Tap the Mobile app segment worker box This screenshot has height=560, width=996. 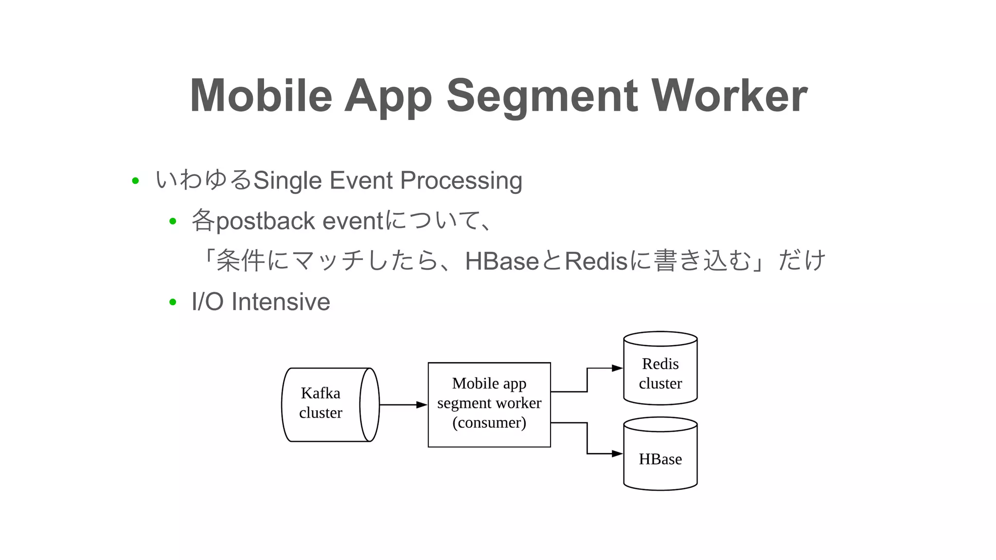tap(489, 404)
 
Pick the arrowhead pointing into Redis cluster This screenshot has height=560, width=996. tap(617, 368)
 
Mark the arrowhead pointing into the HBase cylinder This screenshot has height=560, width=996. tap(617, 454)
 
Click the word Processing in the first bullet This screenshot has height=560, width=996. tap(461, 181)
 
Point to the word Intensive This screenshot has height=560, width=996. tap(281, 302)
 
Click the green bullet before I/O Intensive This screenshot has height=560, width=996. tap(173, 302)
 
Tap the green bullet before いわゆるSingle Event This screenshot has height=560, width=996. tap(136, 181)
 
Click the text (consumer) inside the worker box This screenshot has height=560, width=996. tap(489, 422)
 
